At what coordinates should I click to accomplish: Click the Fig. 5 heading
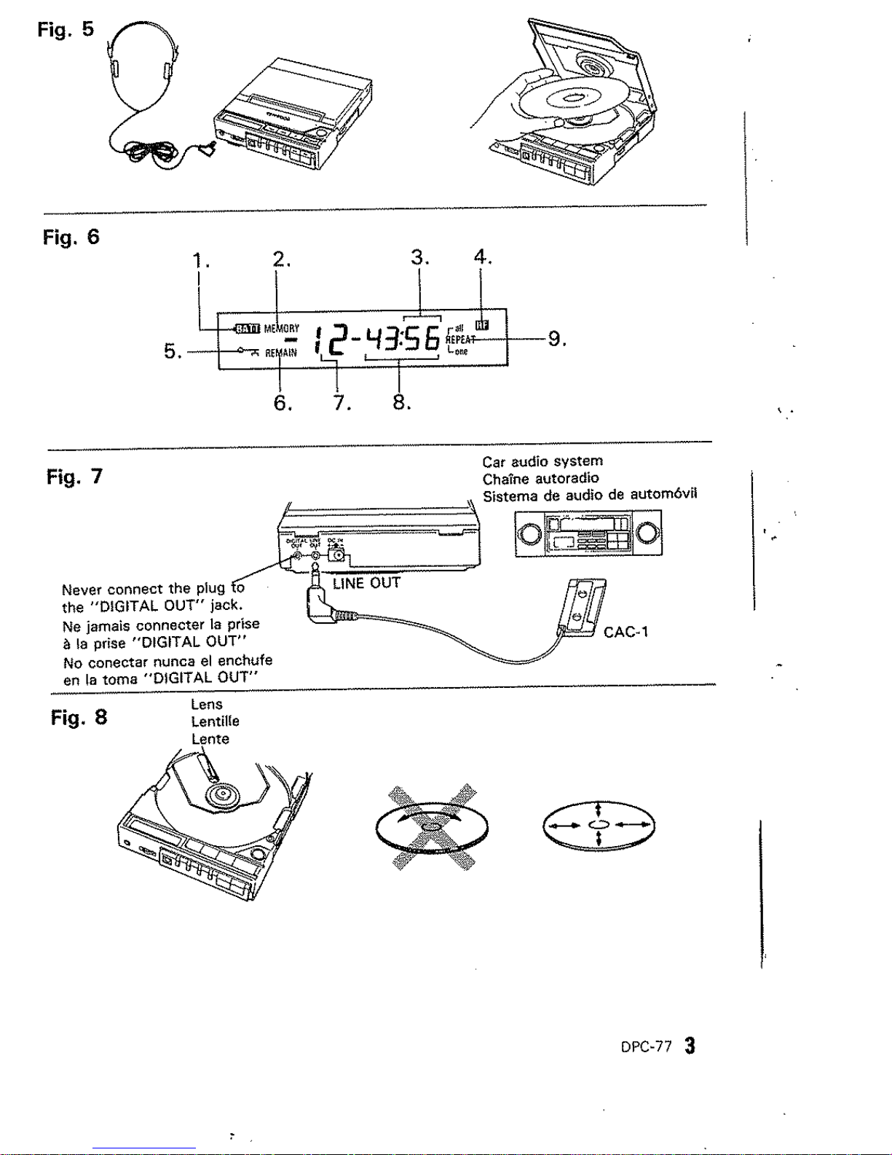[x=66, y=30]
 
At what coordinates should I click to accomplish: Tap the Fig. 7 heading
[x=74, y=477]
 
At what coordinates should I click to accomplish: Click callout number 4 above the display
[x=481, y=257]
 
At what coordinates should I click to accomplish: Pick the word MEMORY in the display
[x=282, y=328]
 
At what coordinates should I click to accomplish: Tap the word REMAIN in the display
[x=281, y=353]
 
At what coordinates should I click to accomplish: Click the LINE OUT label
[x=366, y=584]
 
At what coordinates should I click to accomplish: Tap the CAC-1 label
[x=625, y=633]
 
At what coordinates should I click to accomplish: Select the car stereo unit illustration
[x=588, y=534]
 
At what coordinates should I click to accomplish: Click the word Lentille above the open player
[x=215, y=721]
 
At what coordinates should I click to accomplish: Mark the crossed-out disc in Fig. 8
[x=432, y=828]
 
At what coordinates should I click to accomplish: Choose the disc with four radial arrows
[x=598, y=825]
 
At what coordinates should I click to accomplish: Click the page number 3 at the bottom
[x=689, y=1046]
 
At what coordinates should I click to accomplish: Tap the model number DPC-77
[x=646, y=1048]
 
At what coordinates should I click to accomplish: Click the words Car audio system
[x=542, y=461]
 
